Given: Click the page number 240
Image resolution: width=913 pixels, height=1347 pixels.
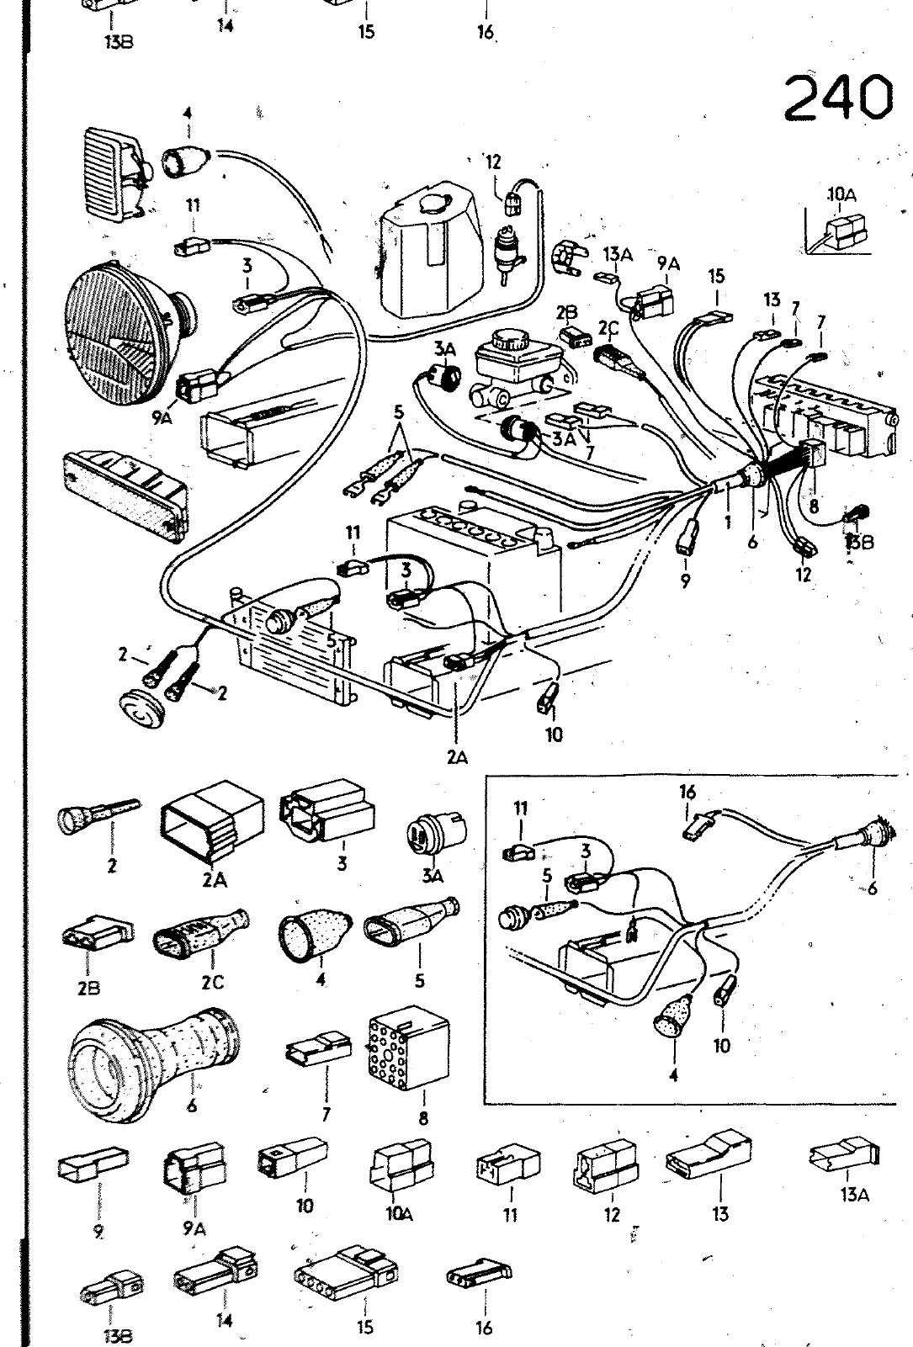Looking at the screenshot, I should tap(837, 97).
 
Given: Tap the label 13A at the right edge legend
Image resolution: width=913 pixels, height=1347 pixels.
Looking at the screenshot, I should tap(854, 1194).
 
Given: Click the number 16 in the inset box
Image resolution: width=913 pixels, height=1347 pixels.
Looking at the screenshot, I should tap(687, 792).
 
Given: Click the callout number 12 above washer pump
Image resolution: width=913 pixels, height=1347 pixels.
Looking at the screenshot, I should tap(492, 162).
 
